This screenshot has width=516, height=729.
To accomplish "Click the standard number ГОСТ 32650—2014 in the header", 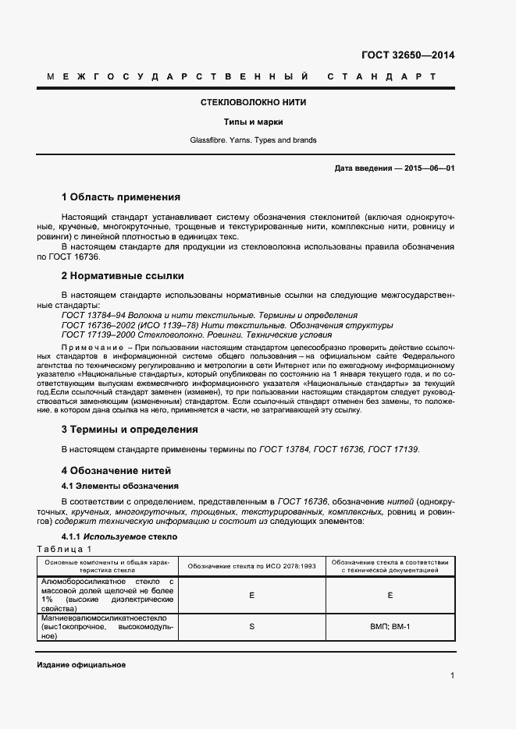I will pyautogui.click(x=407, y=55).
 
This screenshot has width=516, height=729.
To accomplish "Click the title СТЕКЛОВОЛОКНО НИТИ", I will pyautogui.click(x=253, y=102).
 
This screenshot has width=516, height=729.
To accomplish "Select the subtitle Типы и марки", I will pyautogui.click(x=253, y=122).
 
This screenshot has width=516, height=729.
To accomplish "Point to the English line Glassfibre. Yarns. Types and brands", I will pyautogui.click(x=253, y=140).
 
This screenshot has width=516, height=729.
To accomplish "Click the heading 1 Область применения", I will pyautogui.click(x=120, y=197).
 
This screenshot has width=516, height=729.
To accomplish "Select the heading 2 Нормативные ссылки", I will pyautogui.click(x=123, y=276).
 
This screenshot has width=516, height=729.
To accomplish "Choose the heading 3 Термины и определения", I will pyautogui.click(x=130, y=430).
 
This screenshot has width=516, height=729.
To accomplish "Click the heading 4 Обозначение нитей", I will pyautogui.click(x=116, y=471).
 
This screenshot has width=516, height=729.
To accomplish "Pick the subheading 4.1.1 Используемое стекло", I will pyautogui.click(x=119, y=537).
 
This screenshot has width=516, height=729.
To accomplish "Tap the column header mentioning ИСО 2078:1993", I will pyautogui.click(x=252, y=565).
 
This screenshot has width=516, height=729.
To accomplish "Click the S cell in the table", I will pyautogui.click(x=252, y=627).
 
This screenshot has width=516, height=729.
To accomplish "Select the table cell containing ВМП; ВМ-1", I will pyautogui.click(x=389, y=627).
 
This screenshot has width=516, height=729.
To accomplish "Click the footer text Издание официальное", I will pyautogui.click(x=81, y=664).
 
